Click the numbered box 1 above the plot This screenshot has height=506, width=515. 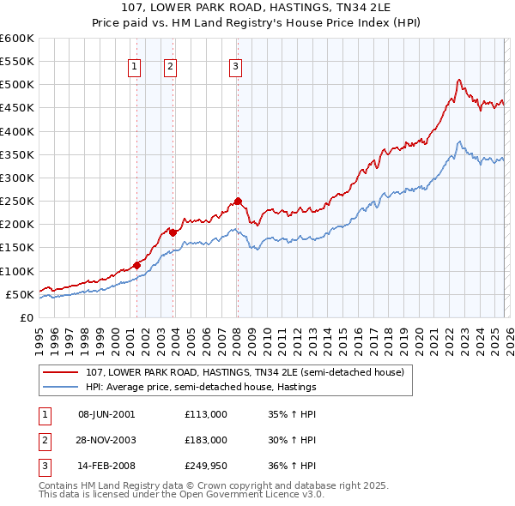click(x=136, y=68)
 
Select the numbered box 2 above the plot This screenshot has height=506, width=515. click(x=171, y=68)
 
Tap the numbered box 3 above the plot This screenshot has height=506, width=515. click(x=235, y=68)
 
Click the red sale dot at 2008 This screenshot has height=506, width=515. click(x=238, y=202)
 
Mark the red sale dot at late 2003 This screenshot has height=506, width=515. click(x=173, y=232)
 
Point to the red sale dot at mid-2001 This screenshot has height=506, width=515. click(x=136, y=265)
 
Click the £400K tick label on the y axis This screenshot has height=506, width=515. click(x=16, y=131)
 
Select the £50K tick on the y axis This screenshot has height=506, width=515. click(x=20, y=294)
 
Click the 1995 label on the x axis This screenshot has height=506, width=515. click(x=39, y=340)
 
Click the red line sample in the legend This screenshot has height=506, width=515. click(x=62, y=373)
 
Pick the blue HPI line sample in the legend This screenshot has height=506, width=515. click(x=62, y=388)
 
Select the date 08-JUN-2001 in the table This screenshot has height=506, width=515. click(x=106, y=414)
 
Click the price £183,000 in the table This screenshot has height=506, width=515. click(x=206, y=440)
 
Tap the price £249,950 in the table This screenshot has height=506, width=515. click(x=206, y=466)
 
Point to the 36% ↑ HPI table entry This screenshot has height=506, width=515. click(x=292, y=466)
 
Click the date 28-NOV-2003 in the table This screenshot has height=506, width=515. click(x=106, y=440)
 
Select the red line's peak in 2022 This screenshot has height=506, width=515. click(x=459, y=80)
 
